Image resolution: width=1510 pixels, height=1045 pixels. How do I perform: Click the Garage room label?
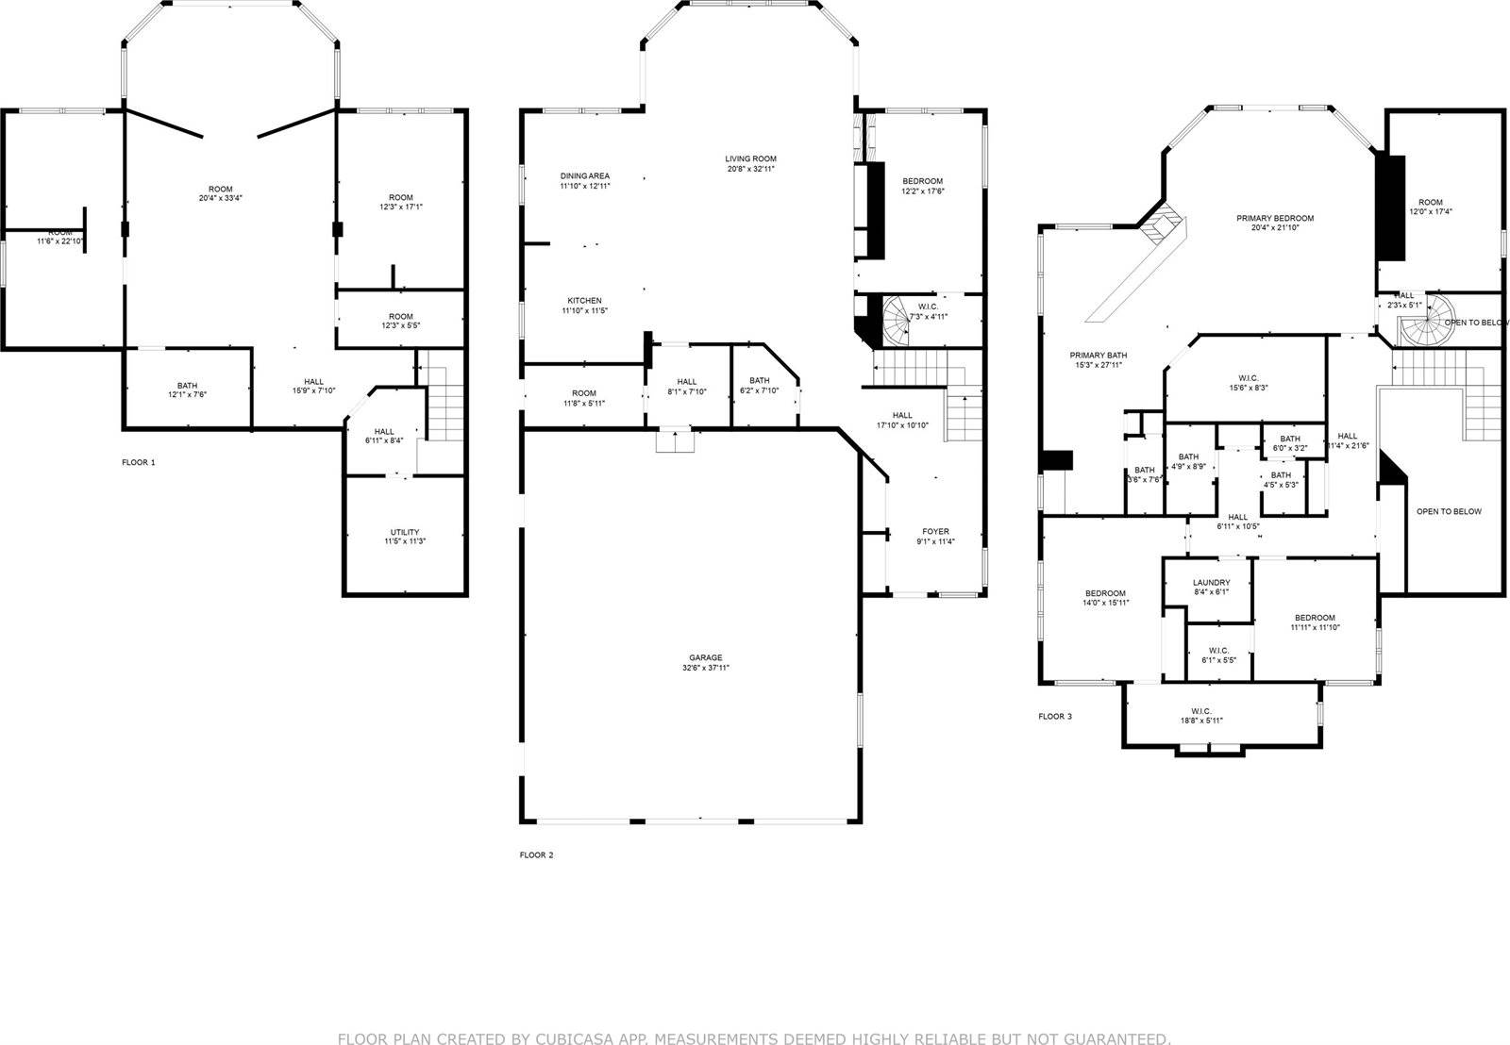(x=706, y=657)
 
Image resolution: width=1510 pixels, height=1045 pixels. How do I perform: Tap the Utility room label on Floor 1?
(x=405, y=532)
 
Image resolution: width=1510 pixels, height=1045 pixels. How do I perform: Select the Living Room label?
(x=750, y=158)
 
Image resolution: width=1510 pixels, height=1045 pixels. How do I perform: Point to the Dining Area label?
(x=584, y=175)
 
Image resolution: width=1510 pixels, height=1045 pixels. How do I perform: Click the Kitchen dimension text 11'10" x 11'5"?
(x=584, y=310)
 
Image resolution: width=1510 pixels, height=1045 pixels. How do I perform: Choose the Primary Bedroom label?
(x=1275, y=218)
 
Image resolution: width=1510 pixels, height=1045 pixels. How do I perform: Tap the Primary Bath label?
(x=1098, y=356)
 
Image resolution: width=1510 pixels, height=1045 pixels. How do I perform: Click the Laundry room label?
(x=1211, y=582)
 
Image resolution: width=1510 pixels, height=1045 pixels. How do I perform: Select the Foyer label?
(x=935, y=531)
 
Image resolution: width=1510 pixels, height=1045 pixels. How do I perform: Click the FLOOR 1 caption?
(x=139, y=462)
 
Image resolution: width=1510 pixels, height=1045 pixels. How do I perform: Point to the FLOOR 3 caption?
(x=1055, y=717)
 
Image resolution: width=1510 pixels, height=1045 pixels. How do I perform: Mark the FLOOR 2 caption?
(x=537, y=855)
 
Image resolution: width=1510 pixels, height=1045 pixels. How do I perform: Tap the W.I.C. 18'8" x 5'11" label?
(x=1201, y=711)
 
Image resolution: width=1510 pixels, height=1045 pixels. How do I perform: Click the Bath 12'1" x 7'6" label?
(x=187, y=385)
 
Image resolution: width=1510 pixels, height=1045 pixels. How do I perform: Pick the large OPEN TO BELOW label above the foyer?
(x=1449, y=511)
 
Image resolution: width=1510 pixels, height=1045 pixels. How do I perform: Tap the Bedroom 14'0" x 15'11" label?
(x=1104, y=593)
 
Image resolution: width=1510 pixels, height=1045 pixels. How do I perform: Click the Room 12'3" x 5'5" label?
(x=400, y=316)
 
